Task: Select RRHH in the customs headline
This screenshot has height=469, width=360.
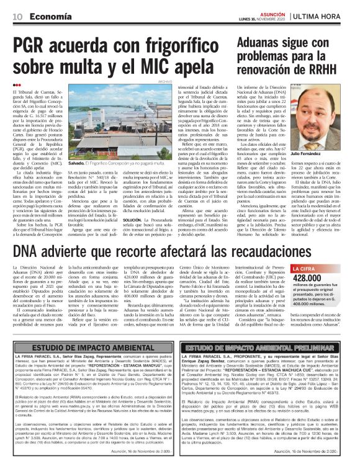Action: [x=325, y=68]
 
